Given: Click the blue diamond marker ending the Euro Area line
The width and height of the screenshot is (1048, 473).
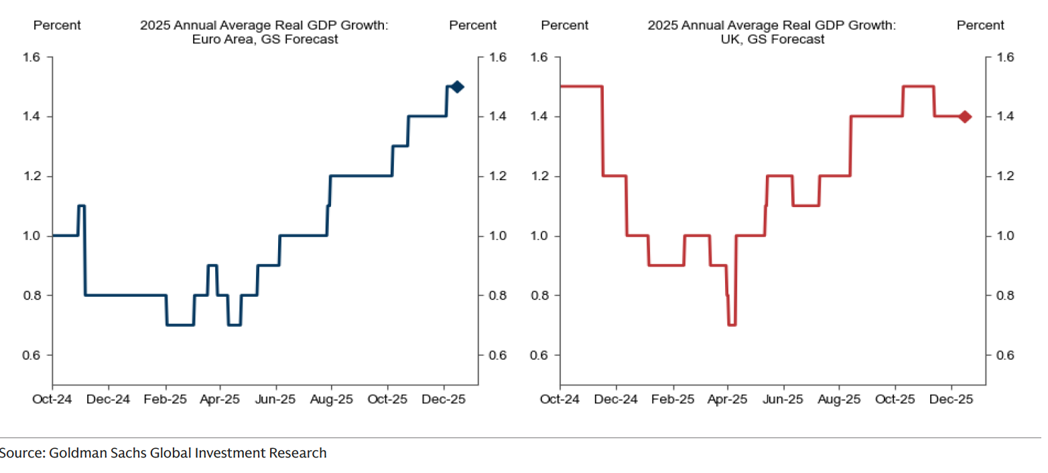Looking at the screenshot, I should click(x=457, y=86).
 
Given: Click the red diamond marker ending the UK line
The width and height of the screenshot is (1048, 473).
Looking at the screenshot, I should click(x=965, y=117).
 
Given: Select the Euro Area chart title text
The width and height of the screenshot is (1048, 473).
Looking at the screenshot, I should click(x=264, y=32).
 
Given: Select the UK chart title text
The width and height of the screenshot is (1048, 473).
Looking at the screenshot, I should click(x=771, y=32).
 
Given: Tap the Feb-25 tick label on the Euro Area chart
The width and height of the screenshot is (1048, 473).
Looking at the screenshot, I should click(x=166, y=399).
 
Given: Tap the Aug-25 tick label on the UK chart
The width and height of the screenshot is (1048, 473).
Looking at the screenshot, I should click(x=839, y=399).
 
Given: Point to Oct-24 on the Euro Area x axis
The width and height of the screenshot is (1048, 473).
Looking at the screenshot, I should click(x=52, y=399).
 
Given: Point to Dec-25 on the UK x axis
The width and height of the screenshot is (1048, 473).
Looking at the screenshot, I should click(x=952, y=399).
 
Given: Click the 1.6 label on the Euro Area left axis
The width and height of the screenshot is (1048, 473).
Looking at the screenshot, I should click(x=34, y=57).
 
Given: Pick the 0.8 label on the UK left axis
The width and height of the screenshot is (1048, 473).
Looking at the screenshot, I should click(x=541, y=295).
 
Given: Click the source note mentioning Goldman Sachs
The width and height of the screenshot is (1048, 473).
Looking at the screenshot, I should click(x=163, y=453).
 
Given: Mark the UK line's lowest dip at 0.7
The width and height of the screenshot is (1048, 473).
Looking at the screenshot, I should click(x=732, y=325).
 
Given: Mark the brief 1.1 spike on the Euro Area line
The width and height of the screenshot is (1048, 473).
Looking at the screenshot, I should click(x=82, y=206).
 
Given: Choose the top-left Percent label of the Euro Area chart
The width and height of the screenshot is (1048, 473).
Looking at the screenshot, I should click(x=57, y=25).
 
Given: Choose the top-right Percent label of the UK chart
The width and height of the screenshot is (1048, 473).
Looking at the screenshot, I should click(x=980, y=25).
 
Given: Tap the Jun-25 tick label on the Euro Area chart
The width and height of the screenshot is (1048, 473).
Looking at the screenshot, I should click(x=277, y=399).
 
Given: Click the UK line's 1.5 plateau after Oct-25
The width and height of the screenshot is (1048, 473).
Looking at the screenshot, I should click(x=919, y=86).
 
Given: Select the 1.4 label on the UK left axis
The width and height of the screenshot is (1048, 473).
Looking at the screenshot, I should click(x=541, y=117).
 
